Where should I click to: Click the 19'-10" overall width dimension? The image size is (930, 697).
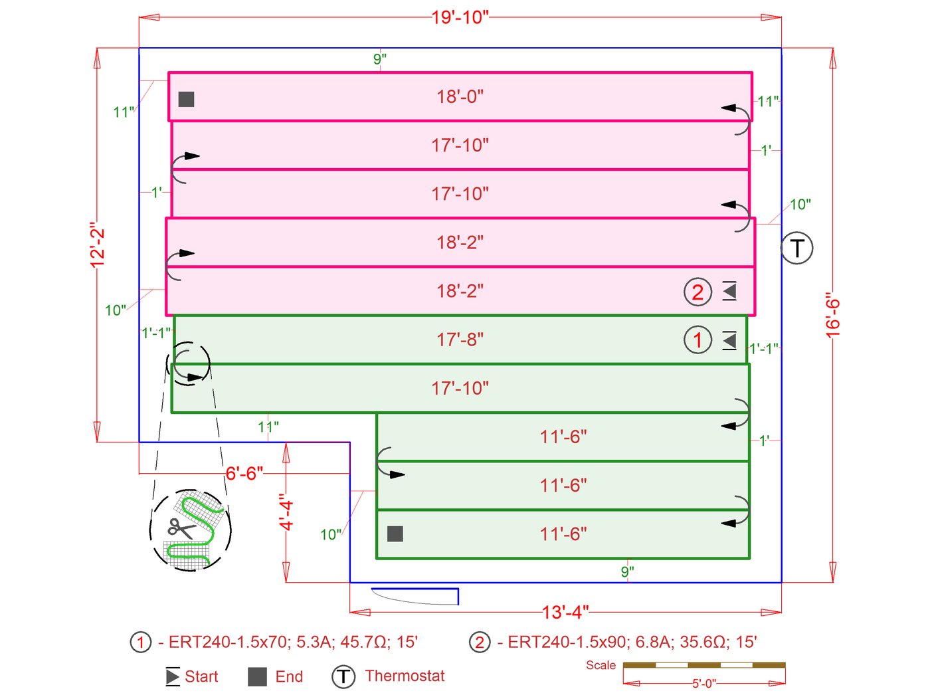tap(460, 17)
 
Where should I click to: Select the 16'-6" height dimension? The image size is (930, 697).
tap(833, 316)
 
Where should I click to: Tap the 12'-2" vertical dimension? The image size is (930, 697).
tap(98, 245)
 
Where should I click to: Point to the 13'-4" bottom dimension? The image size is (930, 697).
tap(565, 612)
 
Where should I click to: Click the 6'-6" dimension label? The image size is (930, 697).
tap(244, 474)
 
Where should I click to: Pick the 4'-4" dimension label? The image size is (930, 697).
tap(286, 512)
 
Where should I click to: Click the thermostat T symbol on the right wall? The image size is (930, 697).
tap(796, 249)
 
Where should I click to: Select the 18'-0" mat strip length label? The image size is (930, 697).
tap(460, 97)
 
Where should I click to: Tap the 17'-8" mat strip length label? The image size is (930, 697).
tap(460, 340)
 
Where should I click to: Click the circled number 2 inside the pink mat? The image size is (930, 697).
tap(697, 292)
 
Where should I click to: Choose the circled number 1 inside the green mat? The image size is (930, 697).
tap(697, 340)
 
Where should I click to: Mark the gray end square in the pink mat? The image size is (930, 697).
tap(187, 99)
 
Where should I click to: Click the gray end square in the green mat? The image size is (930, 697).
tap(395, 534)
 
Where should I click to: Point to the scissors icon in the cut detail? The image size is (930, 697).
tap(180, 528)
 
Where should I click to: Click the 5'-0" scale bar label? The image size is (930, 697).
tap(704, 684)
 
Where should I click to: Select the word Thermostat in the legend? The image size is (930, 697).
tap(405, 676)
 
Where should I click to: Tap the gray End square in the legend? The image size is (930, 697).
tap(257, 677)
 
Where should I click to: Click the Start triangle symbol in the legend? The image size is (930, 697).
tap(173, 677)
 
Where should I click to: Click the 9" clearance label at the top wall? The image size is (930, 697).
tap(380, 59)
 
